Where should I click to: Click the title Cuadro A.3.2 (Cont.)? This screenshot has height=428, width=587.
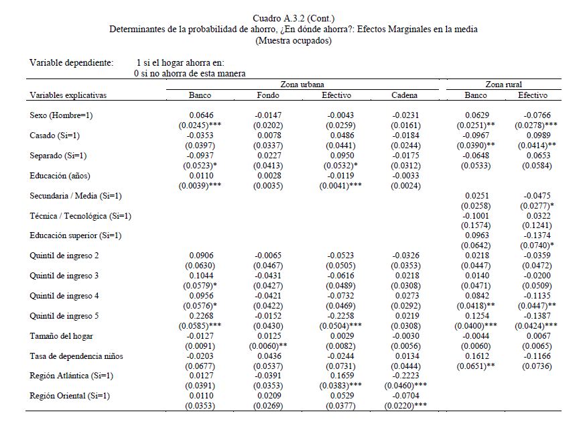point(293,17)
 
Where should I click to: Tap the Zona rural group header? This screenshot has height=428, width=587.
point(505,85)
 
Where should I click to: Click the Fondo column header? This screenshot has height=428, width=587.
point(268,95)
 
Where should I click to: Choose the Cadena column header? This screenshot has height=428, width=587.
point(405,95)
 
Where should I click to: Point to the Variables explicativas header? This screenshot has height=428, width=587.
point(68,95)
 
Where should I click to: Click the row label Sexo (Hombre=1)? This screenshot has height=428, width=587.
point(62,115)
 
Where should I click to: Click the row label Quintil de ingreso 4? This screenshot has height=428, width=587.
point(64,297)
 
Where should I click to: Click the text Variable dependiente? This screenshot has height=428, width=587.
point(71,62)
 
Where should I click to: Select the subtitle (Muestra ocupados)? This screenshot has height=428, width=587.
point(293,40)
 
